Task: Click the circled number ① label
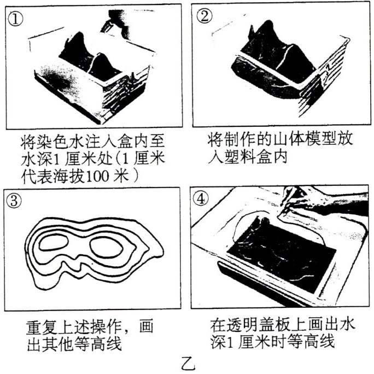pos(15,19)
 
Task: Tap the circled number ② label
pos(204,16)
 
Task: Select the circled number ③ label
pos(14,200)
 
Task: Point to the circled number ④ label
pos(201,198)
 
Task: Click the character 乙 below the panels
pos(188,364)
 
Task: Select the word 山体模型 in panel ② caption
pos(296,139)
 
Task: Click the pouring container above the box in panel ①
pos(116,24)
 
